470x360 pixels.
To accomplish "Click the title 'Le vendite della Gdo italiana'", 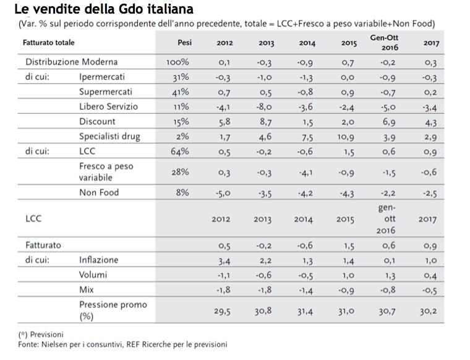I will [103, 9].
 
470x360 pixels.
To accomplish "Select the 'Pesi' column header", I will [184, 43].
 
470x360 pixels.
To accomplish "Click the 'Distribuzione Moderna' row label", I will [71, 62].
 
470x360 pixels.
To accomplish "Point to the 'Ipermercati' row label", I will [103, 77].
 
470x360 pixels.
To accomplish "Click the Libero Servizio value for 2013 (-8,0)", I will [266, 106].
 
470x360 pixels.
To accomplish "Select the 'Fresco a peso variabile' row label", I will [106, 172].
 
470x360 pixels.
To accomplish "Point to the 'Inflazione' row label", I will [98, 260].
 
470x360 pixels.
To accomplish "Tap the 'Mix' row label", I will [86, 289].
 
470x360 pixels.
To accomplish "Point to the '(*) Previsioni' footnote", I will [42, 335].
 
